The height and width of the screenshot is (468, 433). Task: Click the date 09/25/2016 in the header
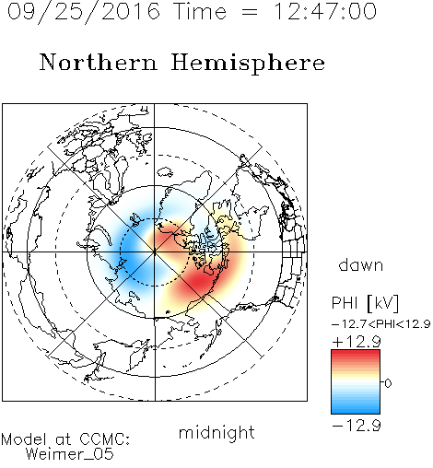[84, 11]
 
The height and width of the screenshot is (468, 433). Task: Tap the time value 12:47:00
[324, 11]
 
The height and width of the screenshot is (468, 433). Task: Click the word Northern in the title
[99, 62]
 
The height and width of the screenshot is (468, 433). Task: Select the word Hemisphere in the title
[248, 63]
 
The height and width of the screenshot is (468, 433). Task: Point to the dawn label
[360, 264]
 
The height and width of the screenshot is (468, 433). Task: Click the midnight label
[216, 433]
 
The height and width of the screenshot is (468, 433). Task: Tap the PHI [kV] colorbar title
[365, 303]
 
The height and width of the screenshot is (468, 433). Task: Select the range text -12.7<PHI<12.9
[380, 323]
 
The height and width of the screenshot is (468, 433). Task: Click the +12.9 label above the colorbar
[357, 342]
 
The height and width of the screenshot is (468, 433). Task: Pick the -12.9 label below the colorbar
[357, 426]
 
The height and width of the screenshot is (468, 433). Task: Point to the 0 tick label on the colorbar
[388, 383]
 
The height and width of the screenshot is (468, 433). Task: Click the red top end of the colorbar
[356, 352]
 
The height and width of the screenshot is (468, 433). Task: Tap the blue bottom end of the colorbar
[356, 412]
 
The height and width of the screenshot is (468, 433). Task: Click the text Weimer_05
[70, 453]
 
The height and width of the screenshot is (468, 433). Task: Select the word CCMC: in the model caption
[104, 439]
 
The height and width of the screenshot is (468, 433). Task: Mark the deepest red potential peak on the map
[201, 281]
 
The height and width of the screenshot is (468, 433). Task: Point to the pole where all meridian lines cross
[155, 252]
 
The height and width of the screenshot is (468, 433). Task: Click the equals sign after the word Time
[250, 12]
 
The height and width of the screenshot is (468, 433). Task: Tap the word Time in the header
[200, 11]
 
